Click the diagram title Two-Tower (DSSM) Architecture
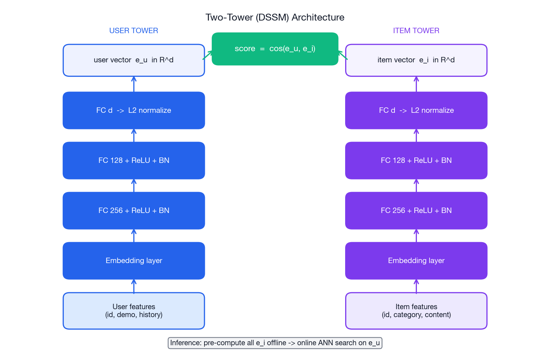[275, 17]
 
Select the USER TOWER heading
[133, 31]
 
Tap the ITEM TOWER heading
[416, 31]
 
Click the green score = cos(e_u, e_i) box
[275, 49]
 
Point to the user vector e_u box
[133, 60]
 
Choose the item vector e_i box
[416, 60]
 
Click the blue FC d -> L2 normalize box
[133, 110]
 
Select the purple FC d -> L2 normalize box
[416, 110]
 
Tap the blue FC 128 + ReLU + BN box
[133, 160]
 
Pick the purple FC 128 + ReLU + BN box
[416, 160]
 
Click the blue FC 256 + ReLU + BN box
[133, 210]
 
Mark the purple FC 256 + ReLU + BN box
[416, 210]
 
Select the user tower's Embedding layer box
[133, 261]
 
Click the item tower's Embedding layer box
[416, 261]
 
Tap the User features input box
[133, 311]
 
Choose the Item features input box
[416, 311]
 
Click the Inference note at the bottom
[275, 343]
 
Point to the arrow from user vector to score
[207, 55]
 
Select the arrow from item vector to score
[343, 55]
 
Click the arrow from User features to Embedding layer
[134, 286]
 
